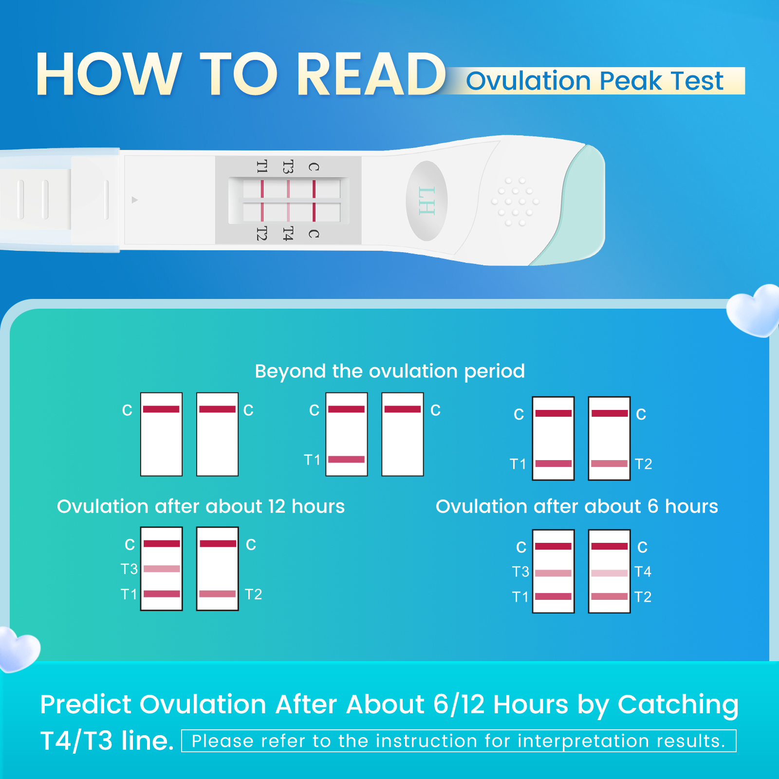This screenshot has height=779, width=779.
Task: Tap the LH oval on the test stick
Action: [x=427, y=201]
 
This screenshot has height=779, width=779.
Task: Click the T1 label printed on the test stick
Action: [x=262, y=167]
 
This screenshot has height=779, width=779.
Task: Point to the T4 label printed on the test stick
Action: [x=288, y=234]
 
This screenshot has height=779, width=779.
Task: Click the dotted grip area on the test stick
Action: [x=515, y=202]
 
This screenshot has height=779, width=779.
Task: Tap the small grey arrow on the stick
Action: [x=135, y=200]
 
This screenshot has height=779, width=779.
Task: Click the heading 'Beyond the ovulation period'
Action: [x=389, y=371]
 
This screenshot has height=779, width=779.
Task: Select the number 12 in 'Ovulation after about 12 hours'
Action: [x=277, y=506]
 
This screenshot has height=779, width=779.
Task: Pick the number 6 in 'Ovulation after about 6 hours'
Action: [x=652, y=506]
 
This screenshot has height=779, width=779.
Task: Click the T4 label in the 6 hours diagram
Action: [x=643, y=571]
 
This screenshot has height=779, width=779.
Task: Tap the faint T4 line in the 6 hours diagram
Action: [x=609, y=573]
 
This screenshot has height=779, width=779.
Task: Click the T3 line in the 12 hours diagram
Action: [x=162, y=569]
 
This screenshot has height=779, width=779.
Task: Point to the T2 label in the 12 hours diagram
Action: [x=253, y=594]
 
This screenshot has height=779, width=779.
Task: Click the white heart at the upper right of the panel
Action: [x=754, y=311]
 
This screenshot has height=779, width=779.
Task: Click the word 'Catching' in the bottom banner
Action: [x=678, y=705]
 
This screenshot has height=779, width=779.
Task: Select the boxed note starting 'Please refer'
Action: [x=458, y=741]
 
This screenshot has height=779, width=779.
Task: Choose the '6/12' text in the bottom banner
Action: [x=459, y=705]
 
